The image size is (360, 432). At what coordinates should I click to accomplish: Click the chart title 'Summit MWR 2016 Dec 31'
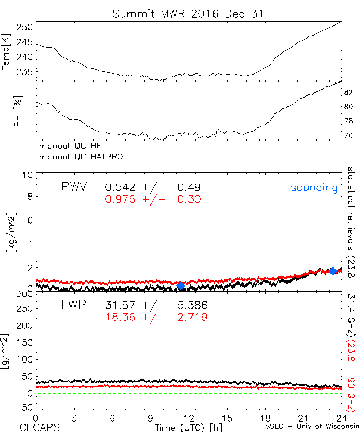[x=188, y=14]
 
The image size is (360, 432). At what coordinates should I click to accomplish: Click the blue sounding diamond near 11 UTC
[x=181, y=285]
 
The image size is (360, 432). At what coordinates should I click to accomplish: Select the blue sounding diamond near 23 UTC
[x=333, y=271]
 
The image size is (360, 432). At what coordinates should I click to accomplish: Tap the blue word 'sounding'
[x=314, y=188]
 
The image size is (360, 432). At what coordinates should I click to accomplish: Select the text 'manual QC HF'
[x=68, y=146]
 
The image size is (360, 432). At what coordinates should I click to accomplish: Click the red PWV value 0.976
[x=121, y=199]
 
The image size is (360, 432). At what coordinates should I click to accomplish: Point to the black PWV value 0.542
[x=121, y=187]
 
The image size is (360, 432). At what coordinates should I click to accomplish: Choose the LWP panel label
[x=73, y=305]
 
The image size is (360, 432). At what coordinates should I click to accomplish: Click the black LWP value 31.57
[x=121, y=305]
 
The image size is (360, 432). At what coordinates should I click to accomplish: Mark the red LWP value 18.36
[x=121, y=317]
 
